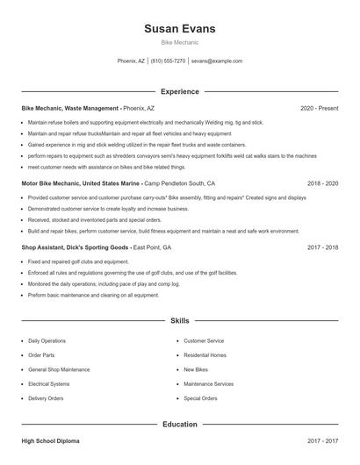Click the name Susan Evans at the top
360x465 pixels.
click(180, 29)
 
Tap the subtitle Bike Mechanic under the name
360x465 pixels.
click(180, 42)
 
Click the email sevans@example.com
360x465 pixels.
click(216, 61)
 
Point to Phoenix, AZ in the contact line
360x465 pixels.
click(131, 61)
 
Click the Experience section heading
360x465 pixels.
click(180, 91)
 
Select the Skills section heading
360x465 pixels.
click(180, 321)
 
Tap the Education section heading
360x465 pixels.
click(180, 425)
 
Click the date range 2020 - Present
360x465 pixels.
click(319, 109)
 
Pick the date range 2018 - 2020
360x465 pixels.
click(323, 184)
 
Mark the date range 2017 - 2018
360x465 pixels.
click(323, 248)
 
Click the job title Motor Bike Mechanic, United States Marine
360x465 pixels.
click(81, 184)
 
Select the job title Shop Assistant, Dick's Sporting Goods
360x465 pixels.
click(76, 248)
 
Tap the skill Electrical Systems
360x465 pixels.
click(48, 384)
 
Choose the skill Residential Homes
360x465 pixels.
click(205, 355)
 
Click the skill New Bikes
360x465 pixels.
click(195, 370)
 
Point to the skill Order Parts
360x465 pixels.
click(41, 355)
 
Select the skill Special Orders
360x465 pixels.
click(200, 398)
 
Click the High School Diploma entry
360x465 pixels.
click(53, 440)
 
